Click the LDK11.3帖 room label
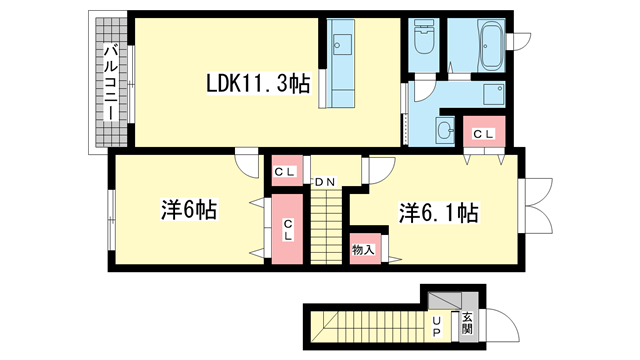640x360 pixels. [258, 83]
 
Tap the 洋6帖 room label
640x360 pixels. [189, 210]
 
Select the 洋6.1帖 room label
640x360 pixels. [438, 213]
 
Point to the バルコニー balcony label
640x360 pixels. [110, 83]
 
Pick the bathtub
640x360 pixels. [491, 44]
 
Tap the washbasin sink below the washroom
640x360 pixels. [445, 131]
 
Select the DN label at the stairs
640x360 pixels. [324, 182]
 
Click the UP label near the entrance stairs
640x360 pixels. [436, 327]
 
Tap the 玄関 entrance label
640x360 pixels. [467, 322]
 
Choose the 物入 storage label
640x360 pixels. [363, 249]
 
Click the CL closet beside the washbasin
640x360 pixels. [484, 131]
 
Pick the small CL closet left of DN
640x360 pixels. [287, 171]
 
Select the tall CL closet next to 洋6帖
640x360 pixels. [287, 229]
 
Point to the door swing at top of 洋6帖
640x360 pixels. [247, 163]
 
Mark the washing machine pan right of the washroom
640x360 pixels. [494, 95]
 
